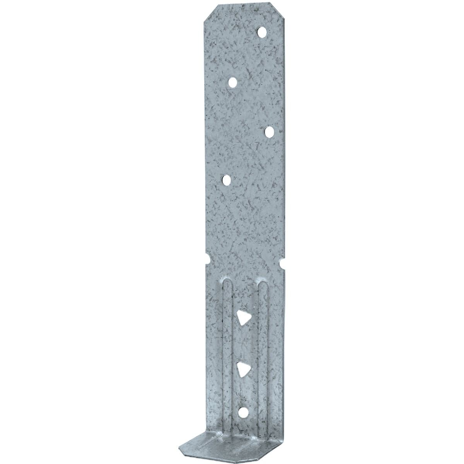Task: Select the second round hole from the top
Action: pos(232,82)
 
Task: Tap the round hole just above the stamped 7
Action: pos(269,131)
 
